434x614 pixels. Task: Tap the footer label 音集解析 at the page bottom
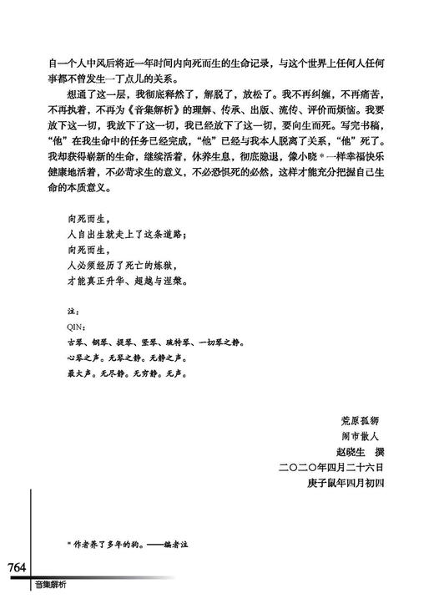point(51,586)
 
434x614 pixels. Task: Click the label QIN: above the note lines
point(74,326)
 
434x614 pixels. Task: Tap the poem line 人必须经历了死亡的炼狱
point(121,265)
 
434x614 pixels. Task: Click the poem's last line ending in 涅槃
point(126,281)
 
